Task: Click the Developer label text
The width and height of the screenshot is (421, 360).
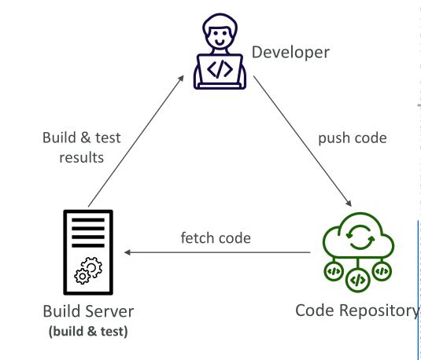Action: (290, 53)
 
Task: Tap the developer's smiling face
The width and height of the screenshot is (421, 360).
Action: (220, 37)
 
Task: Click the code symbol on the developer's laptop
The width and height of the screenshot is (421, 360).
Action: (220, 69)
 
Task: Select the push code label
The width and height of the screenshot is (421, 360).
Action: (353, 138)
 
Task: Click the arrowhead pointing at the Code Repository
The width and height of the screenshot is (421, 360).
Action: (349, 204)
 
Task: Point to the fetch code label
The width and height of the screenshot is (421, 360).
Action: (216, 238)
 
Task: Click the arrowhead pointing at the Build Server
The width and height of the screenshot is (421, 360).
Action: (127, 252)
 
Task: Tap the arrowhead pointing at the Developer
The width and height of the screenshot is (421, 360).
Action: (181, 78)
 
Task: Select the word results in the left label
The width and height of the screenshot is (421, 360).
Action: (81, 157)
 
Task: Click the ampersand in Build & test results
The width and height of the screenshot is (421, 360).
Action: (86, 138)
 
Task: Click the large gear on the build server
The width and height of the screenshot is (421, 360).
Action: (91, 267)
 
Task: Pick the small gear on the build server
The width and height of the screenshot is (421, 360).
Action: (82, 277)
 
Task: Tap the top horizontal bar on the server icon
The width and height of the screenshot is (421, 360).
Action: (88, 220)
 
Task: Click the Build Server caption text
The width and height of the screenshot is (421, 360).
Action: (88, 311)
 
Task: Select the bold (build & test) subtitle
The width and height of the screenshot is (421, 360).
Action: (88, 331)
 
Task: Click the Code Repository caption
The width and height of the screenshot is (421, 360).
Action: (357, 311)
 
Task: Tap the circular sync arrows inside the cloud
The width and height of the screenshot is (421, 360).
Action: (360, 237)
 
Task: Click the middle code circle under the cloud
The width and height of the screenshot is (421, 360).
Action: (357, 280)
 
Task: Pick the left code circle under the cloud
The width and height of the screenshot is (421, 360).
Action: (334, 271)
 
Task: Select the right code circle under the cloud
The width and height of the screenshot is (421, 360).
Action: (382, 271)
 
